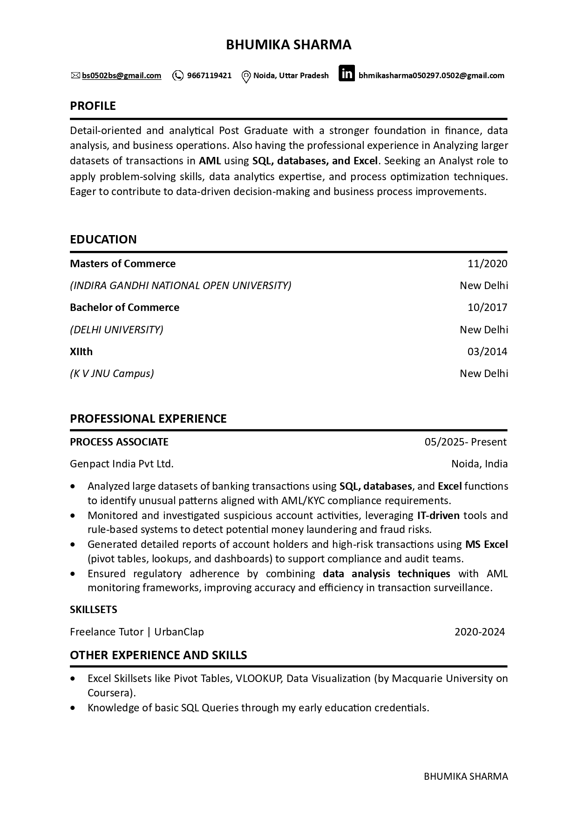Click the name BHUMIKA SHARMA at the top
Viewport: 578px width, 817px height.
288,45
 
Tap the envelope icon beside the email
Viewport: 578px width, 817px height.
75,75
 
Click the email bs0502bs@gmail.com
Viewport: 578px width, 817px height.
122,75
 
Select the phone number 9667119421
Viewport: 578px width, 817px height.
209,75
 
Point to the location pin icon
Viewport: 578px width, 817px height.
246,76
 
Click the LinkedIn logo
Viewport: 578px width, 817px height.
347,74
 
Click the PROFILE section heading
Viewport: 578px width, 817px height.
93,106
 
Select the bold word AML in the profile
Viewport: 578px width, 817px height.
210,161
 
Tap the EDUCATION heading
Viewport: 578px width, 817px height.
103,239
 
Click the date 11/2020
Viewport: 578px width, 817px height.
487,264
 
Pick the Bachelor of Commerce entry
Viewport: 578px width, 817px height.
124,308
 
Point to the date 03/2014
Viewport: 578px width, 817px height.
487,351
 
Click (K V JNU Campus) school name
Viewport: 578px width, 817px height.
112,373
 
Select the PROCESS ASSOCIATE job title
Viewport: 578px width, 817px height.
119,442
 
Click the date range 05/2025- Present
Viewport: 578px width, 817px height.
465,442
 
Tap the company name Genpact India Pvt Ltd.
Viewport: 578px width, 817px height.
122,464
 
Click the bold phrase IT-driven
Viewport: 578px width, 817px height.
438,515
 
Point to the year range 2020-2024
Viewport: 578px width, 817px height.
480,632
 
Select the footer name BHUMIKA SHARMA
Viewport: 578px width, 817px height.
466,776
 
